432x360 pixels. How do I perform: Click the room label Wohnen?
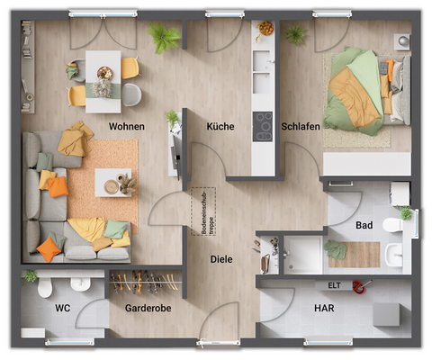(x=126, y=127)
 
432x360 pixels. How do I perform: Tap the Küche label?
(x=220, y=127)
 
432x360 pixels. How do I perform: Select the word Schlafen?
(x=301, y=127)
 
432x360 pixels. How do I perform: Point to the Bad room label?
(x=364, y=225)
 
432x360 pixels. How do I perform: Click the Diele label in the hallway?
(x=221, y=259)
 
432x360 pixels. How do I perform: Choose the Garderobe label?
(x=148, y=308)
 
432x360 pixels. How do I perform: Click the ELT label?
(x=333, y=285)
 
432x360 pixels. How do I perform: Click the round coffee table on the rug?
(x=113, y=185)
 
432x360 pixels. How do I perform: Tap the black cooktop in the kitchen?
(x=263, y=127)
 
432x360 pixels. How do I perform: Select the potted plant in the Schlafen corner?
(x=294, y=34)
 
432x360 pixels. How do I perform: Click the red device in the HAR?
(x=361, y=288)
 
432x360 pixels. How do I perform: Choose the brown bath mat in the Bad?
(x=353, y=254)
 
